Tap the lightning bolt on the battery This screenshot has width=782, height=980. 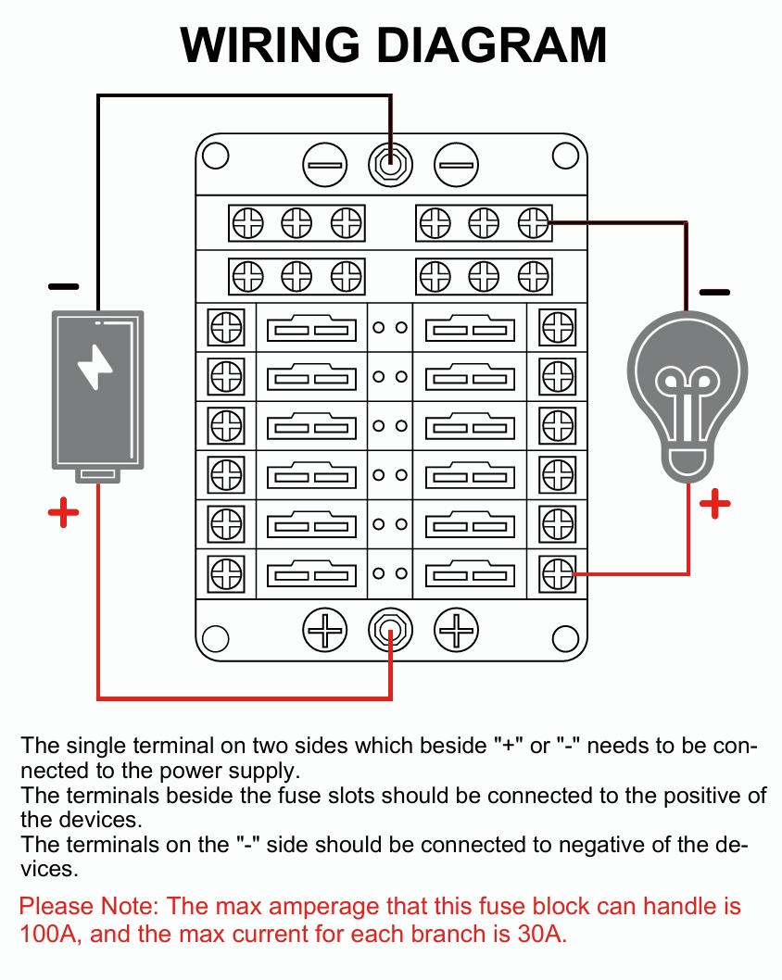tap(95, 368)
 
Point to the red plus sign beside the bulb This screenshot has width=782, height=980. tap(714, 504)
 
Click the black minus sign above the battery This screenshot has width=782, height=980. tap(63, 287)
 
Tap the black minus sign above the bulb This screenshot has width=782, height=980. tap(714, 292)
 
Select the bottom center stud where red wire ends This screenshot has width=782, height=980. tap(390, 633)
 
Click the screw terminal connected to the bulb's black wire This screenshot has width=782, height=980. tap(533, 223)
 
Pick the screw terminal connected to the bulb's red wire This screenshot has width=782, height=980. tap(557, 573)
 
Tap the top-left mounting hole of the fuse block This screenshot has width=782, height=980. tap(215, 156)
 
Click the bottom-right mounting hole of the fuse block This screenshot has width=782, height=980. tap(565, 638)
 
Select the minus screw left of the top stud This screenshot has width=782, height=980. tap(325, 167)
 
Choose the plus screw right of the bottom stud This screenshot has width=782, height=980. tap(456, 633)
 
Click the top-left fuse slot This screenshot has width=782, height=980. tap(311, 328)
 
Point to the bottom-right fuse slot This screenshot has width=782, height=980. tap(470, 573)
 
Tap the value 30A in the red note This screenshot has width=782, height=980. tap(538, 934)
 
